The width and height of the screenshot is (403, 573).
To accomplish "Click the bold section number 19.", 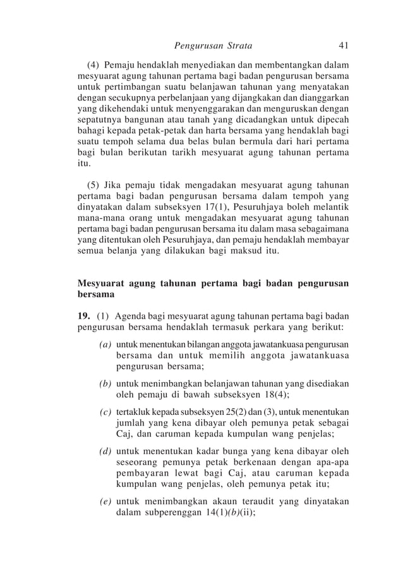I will click(x=83, y=316).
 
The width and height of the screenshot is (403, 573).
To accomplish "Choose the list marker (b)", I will click(x=105, y=384).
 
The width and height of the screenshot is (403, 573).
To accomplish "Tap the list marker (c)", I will click(x=105, y=412).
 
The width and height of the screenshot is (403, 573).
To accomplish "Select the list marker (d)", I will click(x=105, y=452).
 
